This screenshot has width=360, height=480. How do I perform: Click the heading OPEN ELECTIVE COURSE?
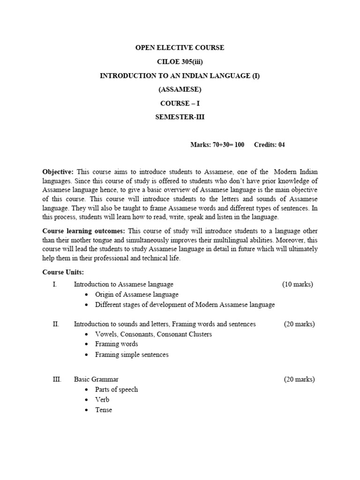[x=180, y=48]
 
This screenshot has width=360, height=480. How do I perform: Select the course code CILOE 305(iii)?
[x=180, y=62]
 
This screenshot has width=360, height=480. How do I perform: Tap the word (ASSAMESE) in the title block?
[x=180, y=90]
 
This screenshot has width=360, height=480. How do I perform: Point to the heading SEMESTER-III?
[x=180, y=117]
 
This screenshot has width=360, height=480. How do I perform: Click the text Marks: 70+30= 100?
[x=217, y=145]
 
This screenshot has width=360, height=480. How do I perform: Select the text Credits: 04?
[x=269, y=145]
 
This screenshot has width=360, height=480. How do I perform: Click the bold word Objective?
[x=58, y=172]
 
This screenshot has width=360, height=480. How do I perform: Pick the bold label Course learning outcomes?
[x=84, y=231]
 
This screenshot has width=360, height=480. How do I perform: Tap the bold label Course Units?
[x=63, y=272]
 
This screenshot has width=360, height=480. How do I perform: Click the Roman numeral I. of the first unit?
[x=55, y=284]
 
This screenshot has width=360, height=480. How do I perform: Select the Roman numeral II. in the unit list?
[x=56, y=324]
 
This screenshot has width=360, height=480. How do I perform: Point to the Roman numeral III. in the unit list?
[x=57, y=379]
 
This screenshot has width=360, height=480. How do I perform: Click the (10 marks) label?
[x=298, y=284]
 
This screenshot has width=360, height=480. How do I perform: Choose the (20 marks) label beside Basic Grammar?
[x=299, y=379]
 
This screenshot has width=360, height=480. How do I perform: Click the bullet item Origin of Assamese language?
[x=136, y=294]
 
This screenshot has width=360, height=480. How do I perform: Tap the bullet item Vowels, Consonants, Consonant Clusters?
[x=153, y=334]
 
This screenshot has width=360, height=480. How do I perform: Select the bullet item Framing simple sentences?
[x=131, y=354]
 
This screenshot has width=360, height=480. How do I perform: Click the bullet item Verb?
[x=102, y=400]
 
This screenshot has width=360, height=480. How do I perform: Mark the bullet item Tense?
[x=104, y=410]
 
